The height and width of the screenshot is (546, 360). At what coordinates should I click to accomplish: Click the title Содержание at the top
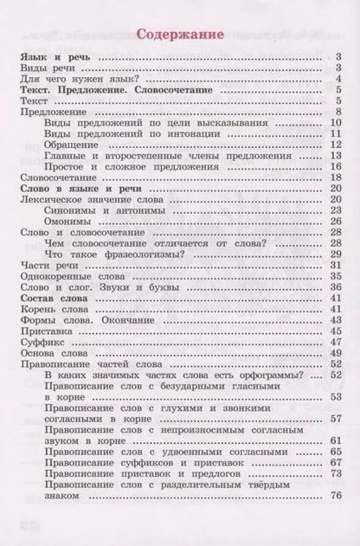(181, 35)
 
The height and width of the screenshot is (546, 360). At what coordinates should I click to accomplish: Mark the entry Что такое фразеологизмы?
(112, 254)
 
